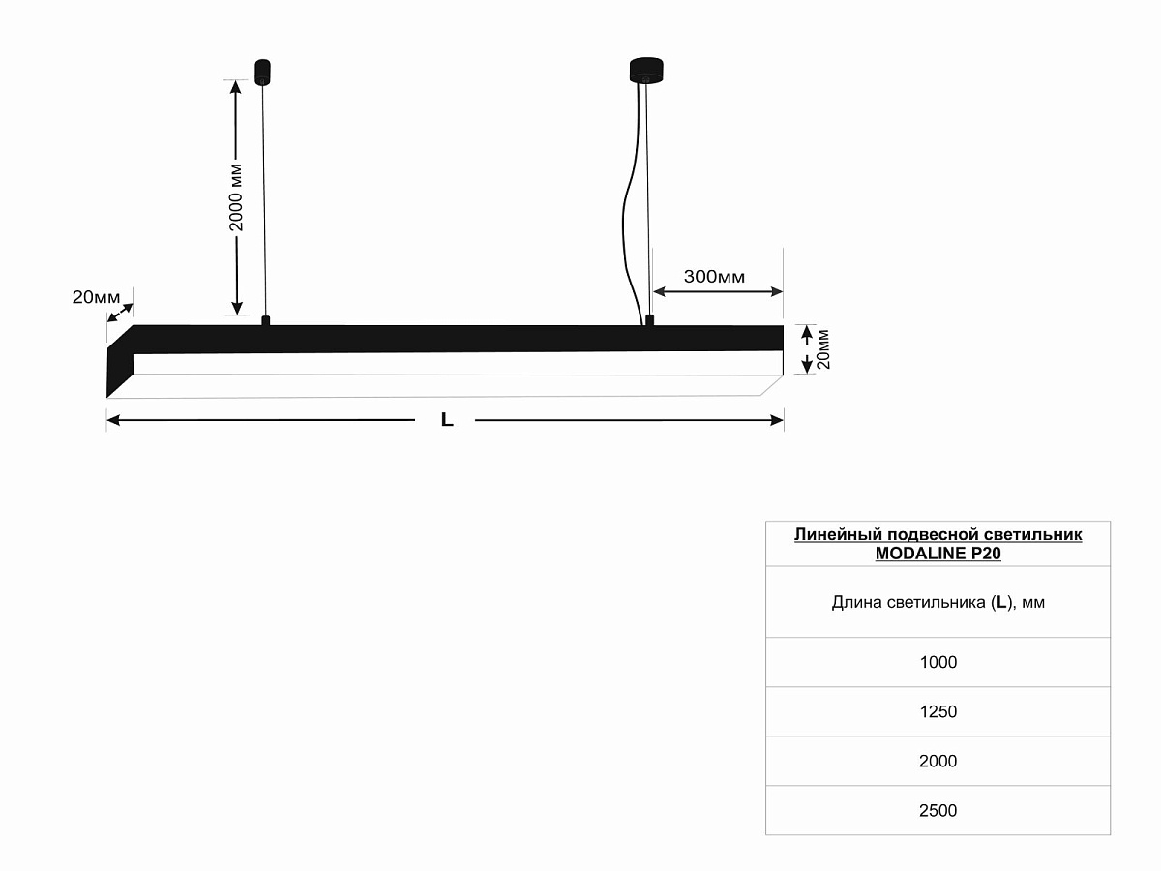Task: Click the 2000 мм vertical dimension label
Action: (x=236, y=197)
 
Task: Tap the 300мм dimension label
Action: (x=714, y=277)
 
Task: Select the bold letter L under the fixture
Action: (x=447, y=420)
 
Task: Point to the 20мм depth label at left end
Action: (x=96, y=297)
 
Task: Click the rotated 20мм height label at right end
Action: (x=823, y=349)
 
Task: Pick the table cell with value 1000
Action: (x=938, y=662)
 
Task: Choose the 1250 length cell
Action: (x=938, y=712)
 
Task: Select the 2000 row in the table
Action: (x=938, y=761)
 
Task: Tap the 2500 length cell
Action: (x=938, y=810)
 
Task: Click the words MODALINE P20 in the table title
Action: (x=938, y=554)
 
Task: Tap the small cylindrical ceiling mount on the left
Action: (x=262, y=72)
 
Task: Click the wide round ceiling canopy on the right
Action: (x=646, y=71)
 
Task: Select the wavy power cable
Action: (x=631, y=212)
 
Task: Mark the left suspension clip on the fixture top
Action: (x=265, y=320)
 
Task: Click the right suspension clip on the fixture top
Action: (x=649, y=320)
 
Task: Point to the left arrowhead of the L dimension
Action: (x=113, y=420)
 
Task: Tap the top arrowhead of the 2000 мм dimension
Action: (x=236, y=87)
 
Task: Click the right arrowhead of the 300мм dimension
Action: (x=777, y=291)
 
